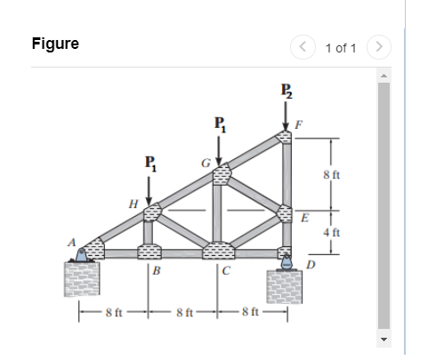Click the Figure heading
(55, 44)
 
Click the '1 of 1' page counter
(341, 47)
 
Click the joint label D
(310, 265)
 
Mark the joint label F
(298, 126)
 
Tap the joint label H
(133, 204)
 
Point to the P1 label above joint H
(149, 164)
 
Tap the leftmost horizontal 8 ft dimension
(113, 311)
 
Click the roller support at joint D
(287, 261)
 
